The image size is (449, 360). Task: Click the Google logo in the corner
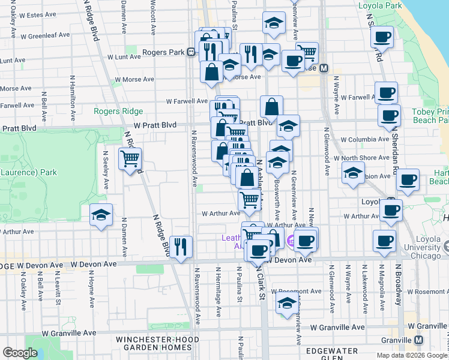pyautogui.click(x=20, y=353)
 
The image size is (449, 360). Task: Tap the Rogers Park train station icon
pyautogui.click(x=191, y=52)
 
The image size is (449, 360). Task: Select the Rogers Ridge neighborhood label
pyautogui.click(x=118, y=111)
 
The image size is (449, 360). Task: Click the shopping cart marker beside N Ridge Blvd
pyautogui.click(x=130, y=159)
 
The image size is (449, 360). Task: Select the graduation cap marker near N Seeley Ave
pyautogui.click(x=101, y=215)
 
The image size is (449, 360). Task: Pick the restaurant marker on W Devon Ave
pyautogui.click(x=181, y=246)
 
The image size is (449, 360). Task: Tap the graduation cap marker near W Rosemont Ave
pyautogui.click(x=286, y=304)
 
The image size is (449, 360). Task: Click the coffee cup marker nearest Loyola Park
pyautogui.click(x=382, y=37)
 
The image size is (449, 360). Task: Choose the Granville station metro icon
pyautogui.click(x=418, y=340)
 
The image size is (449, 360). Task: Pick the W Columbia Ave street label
pyautogui.click(x=364, y=139)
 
